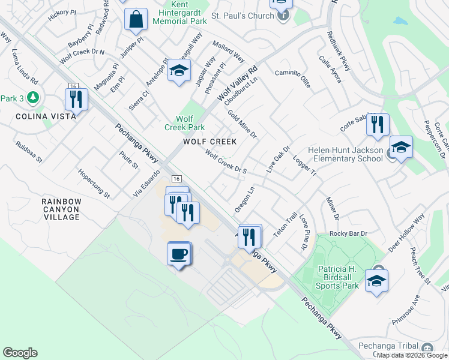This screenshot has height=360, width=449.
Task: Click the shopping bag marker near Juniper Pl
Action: pos(136,20)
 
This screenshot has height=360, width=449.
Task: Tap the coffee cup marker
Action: pos(179,254)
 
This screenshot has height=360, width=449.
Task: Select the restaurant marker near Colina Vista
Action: pos(76,100)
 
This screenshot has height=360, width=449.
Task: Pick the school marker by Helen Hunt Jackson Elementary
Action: pos(401,147)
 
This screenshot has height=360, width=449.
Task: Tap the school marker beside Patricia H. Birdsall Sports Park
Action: pos(376,281)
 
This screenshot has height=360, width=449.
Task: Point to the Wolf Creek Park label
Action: pos(185,123)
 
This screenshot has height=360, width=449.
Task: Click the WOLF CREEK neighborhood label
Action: pos(209,142)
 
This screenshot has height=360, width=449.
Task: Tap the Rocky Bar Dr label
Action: pos(348,233)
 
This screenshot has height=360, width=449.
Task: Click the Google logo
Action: pos(20,353)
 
